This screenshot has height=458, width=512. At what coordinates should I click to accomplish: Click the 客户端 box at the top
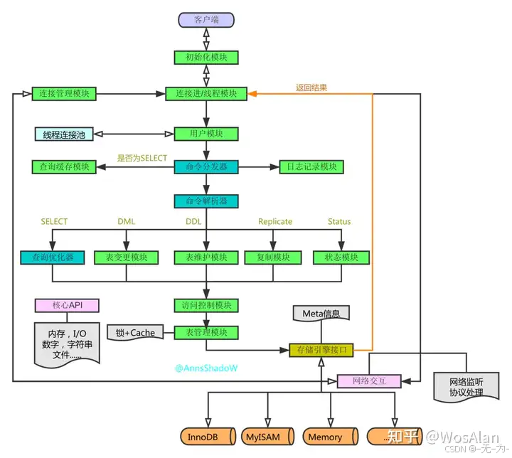206,20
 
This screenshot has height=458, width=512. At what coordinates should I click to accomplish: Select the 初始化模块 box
206,58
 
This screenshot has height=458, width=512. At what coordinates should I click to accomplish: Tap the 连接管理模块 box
64,94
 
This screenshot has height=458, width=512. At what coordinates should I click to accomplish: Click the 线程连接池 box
64,134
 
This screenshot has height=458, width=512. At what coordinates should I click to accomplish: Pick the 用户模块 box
206,134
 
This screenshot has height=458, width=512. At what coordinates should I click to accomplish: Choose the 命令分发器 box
206,167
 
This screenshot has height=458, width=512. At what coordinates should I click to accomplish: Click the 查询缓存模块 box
64,167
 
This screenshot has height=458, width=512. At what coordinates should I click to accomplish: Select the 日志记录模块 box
311,167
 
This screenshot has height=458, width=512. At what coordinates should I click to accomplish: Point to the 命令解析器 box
206,201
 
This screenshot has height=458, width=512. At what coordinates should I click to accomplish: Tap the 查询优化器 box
53,257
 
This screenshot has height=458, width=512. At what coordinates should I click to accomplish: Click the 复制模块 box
267,257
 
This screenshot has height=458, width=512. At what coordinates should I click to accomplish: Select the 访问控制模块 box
206,305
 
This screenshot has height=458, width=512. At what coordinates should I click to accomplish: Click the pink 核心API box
67,305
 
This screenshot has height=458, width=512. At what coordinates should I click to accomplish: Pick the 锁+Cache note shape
134,332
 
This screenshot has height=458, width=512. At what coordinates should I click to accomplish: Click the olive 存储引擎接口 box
321,350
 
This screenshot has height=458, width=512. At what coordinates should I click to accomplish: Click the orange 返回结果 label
311,88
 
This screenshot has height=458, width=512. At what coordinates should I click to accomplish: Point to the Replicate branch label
274,221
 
